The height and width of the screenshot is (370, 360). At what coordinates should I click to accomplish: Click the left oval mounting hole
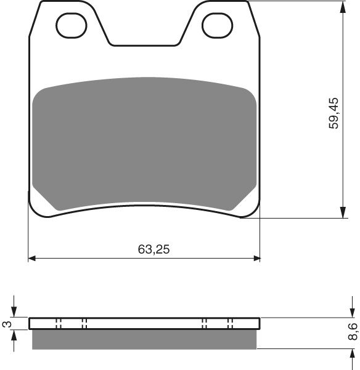tap(68, 25)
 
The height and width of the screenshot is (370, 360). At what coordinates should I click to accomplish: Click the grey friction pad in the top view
tap(144, 142)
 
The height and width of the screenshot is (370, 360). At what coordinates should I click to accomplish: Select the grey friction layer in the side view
tap(144, 339)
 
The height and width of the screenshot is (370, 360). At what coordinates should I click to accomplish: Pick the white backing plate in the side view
tap(144, 324)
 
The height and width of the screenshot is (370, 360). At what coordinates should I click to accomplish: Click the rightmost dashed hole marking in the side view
tap(229, 324)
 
